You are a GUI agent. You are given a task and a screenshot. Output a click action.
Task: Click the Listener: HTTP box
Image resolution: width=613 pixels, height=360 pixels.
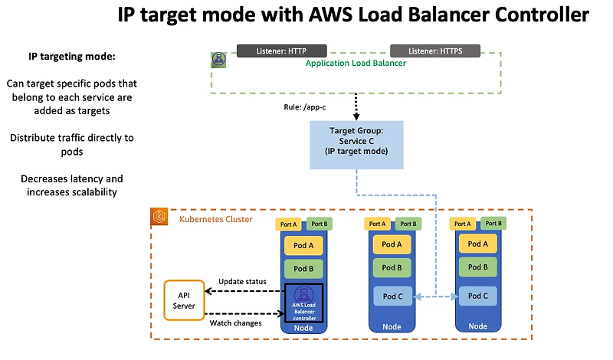pyautogui.click(x=272, y=51)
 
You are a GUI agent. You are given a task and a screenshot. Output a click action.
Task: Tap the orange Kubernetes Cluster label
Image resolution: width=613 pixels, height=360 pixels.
pyautogui.click(x=215, y=219)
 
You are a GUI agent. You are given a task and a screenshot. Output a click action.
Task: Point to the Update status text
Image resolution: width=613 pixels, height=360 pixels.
pyautogui.click(x=242, y=281)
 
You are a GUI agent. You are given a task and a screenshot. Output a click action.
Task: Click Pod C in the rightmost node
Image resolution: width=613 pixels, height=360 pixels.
pyautogui.click(x=477, y=296)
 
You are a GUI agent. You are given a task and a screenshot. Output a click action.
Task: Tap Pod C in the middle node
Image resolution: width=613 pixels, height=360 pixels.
pyautogui.click(x=392, y=296)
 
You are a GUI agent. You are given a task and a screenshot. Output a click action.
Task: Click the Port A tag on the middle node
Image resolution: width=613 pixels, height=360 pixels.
pyautogui.click(x=377, y=224)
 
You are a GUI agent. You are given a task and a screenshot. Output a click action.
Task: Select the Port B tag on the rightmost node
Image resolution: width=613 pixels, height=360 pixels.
pyautogui.click(x=493, y=224)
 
